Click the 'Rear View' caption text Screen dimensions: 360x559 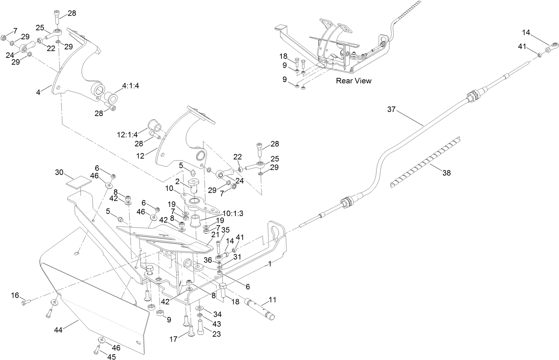354,81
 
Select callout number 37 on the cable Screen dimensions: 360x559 392,110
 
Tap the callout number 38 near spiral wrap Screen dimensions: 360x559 446,173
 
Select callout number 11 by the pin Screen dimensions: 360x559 272,300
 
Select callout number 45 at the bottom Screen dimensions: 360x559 111,357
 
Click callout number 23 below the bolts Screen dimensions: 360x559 216,334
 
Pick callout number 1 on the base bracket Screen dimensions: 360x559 270,264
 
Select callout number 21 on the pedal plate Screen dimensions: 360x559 215,235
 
